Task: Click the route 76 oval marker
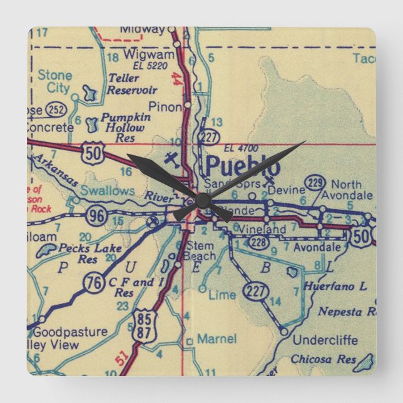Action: (x=95, y=283)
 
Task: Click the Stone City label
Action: (x=55, y=81)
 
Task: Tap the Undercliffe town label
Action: (x=326, y=341)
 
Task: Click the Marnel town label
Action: (x=217, y=339)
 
